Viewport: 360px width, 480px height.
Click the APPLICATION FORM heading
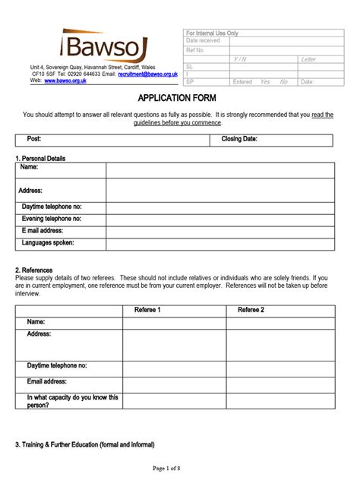pyautogui.click(x=180, y=99)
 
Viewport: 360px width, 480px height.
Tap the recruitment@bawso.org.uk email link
pyautogui.click(x=148, y=74)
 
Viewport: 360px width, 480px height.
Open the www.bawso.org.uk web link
pyautogui.click(x=66, y=80)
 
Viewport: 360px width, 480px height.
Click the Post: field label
pyautogui.click(x=34, y=139)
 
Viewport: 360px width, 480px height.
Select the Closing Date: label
pyautogui.click(x=239, y=139)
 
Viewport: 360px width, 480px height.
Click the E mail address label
pyautogui.click(x=43, y=230)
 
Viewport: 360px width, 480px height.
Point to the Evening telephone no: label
pyautogui.click(x=52, y=218)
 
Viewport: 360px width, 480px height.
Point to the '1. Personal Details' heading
pyautogui.click(x=40, y=158)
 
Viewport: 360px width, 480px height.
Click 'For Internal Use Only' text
pyautogui.click(x=212, y=34)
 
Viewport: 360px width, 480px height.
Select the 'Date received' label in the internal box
pyautogui.click(x=203, y=41)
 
